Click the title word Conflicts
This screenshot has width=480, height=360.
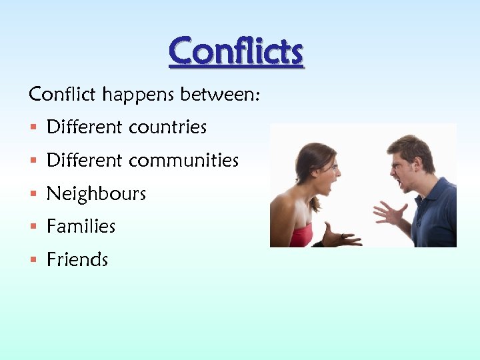click(236, 51)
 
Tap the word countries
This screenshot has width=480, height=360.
click(167, 127)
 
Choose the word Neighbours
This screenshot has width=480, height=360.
click(96, 194)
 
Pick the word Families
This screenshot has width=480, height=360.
click(81, 227)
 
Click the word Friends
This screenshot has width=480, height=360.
click(77, 259)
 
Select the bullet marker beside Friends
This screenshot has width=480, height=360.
click(33, 260)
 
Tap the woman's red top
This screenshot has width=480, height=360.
click(301, 235)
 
